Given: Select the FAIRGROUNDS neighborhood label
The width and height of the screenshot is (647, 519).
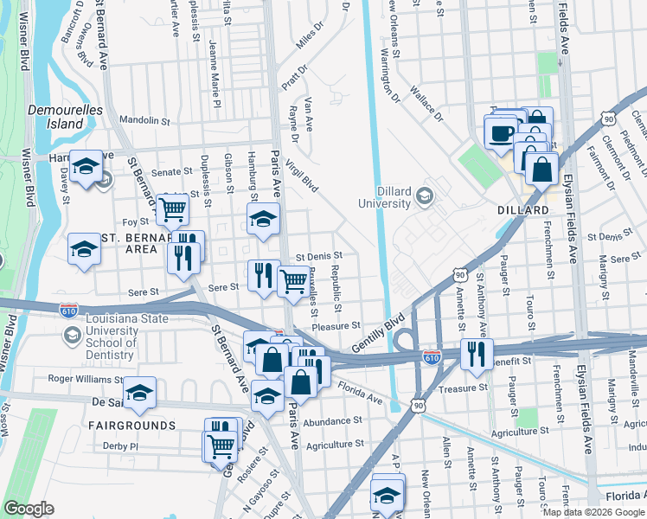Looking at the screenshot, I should [131, 426].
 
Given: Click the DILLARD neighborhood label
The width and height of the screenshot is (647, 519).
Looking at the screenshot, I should [522, 210].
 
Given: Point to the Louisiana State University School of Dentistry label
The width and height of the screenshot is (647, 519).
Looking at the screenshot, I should [126, 333].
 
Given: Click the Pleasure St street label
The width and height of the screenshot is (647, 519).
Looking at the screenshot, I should [336, 326].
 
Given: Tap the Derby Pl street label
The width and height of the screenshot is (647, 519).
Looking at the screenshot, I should [120, 446].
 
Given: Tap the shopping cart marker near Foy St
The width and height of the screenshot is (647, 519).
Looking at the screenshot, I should [173, 208].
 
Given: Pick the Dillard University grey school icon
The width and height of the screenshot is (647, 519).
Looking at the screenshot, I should [424, 196].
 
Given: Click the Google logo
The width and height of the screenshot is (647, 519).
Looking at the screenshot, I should [29, 509].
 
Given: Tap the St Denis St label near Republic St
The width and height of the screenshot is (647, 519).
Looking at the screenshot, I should [320, 256].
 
